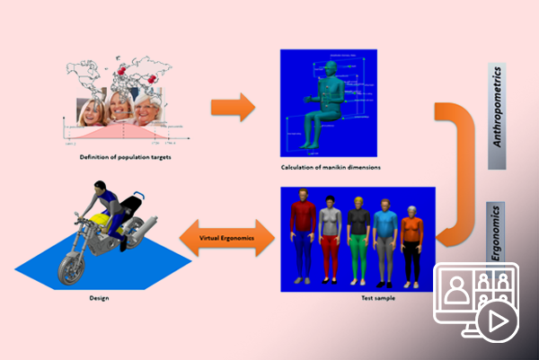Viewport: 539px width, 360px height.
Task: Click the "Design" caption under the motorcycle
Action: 100,297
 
